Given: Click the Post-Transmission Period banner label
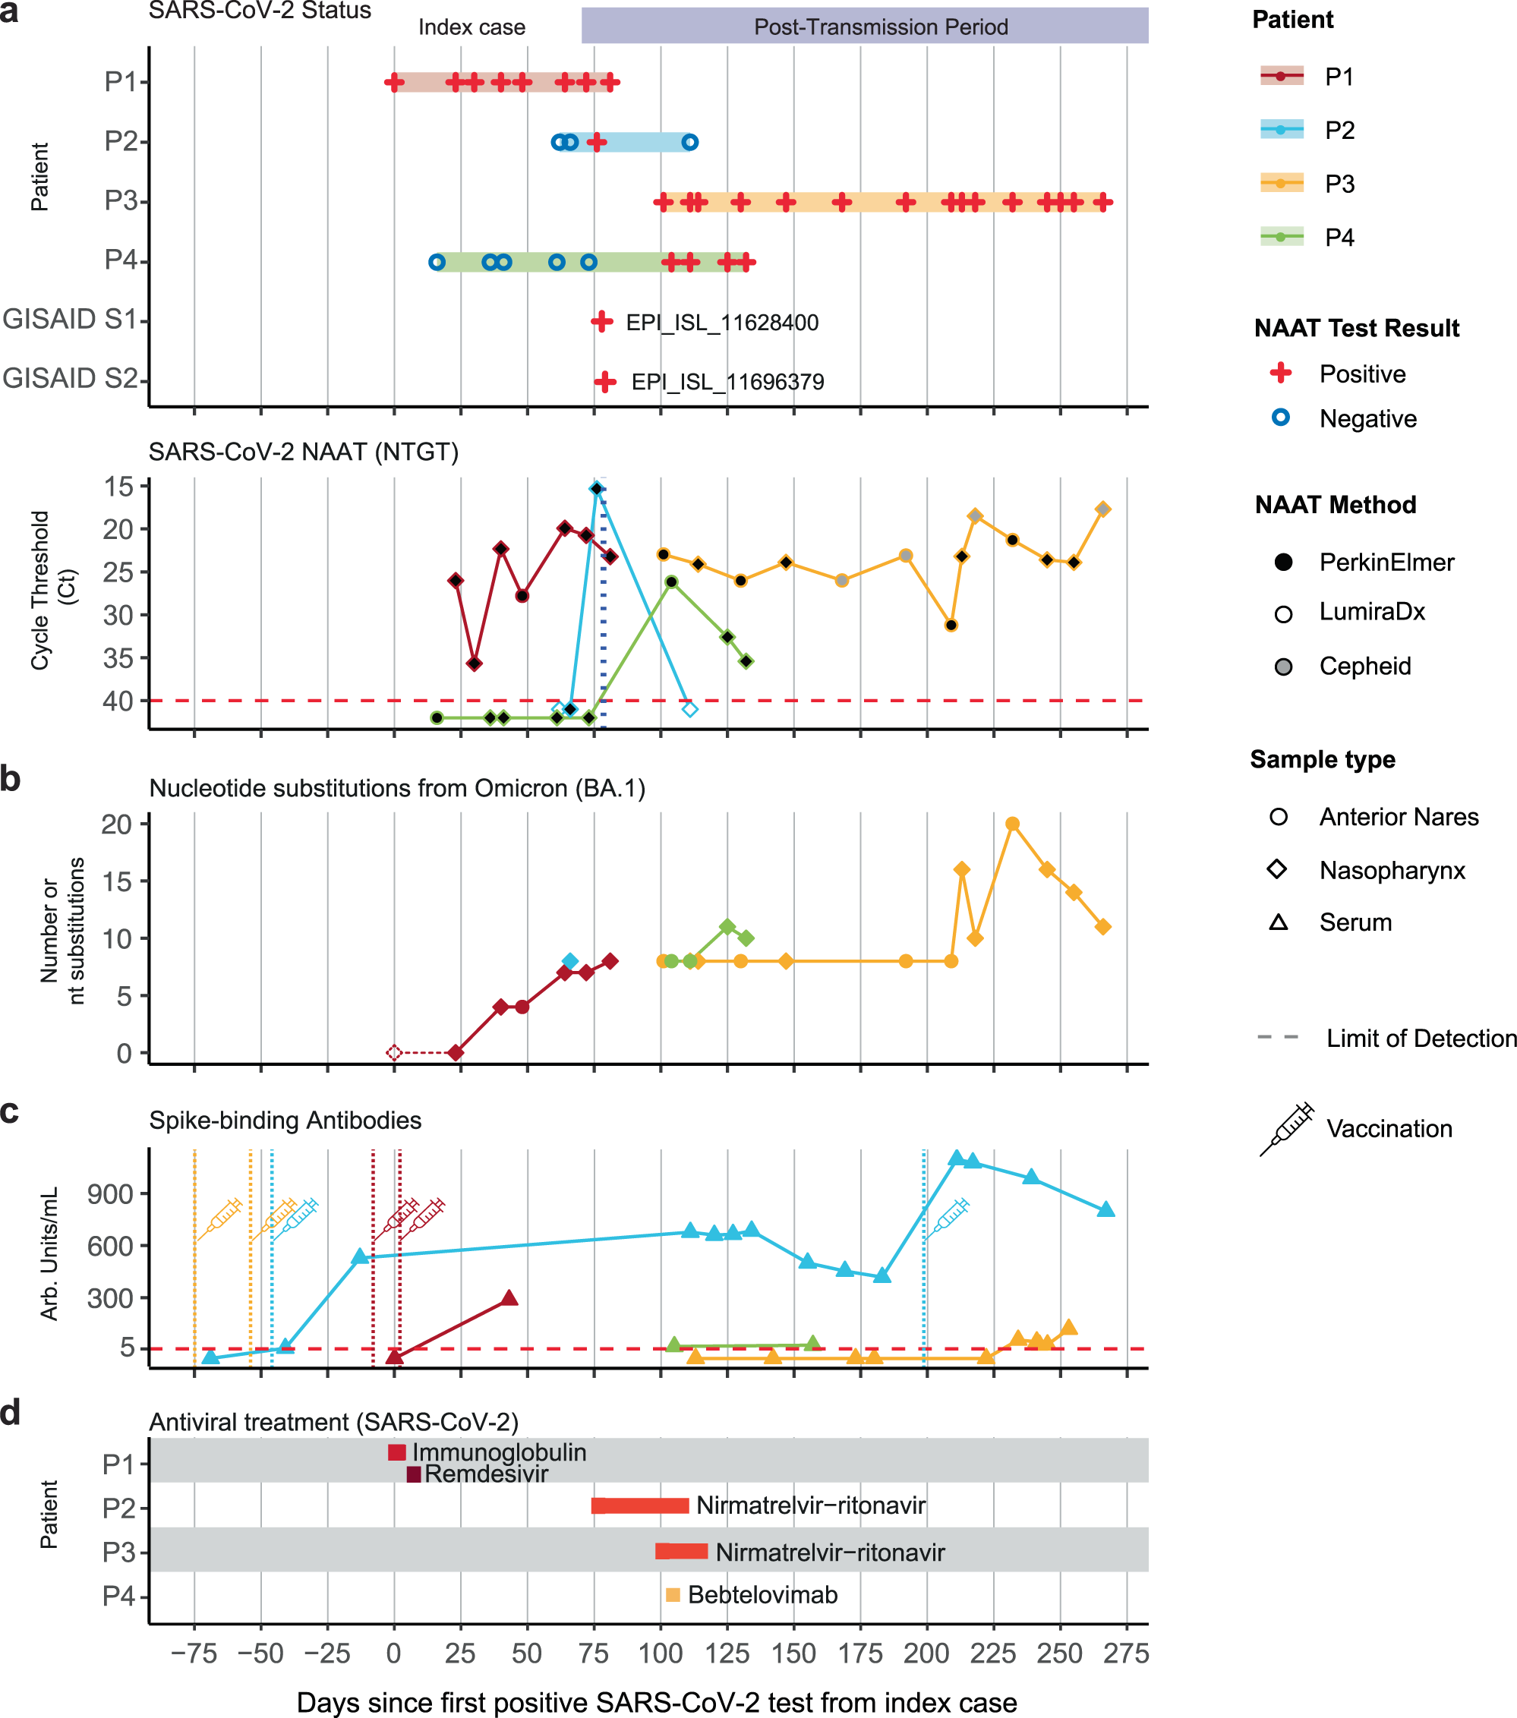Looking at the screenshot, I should [880, 27].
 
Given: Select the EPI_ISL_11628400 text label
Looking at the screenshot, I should [721, 323].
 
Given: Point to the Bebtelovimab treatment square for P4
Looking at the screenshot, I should [673, 1594].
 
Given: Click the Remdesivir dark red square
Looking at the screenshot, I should [414, 1474].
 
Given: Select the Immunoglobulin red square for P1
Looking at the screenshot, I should [396, 1452].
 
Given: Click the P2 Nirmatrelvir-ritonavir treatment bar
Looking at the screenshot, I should [640, 1505].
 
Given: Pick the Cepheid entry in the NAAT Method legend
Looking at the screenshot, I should [1364, 667].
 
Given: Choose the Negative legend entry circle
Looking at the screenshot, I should [1280, 418].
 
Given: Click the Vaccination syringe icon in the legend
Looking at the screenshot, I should [1287, 1129].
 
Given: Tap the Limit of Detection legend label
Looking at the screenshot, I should [1421, 1038].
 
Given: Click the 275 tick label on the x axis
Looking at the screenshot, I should [1125, 1654].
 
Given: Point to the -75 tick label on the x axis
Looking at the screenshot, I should [194, 1654].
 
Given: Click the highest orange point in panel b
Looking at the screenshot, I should [1012, 824].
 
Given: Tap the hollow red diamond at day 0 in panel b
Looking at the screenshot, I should [394, 1052].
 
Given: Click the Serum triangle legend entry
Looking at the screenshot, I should [1279, 922].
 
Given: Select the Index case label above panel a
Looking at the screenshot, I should [471, 28].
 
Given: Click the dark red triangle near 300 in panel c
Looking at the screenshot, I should [509, 1297].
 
